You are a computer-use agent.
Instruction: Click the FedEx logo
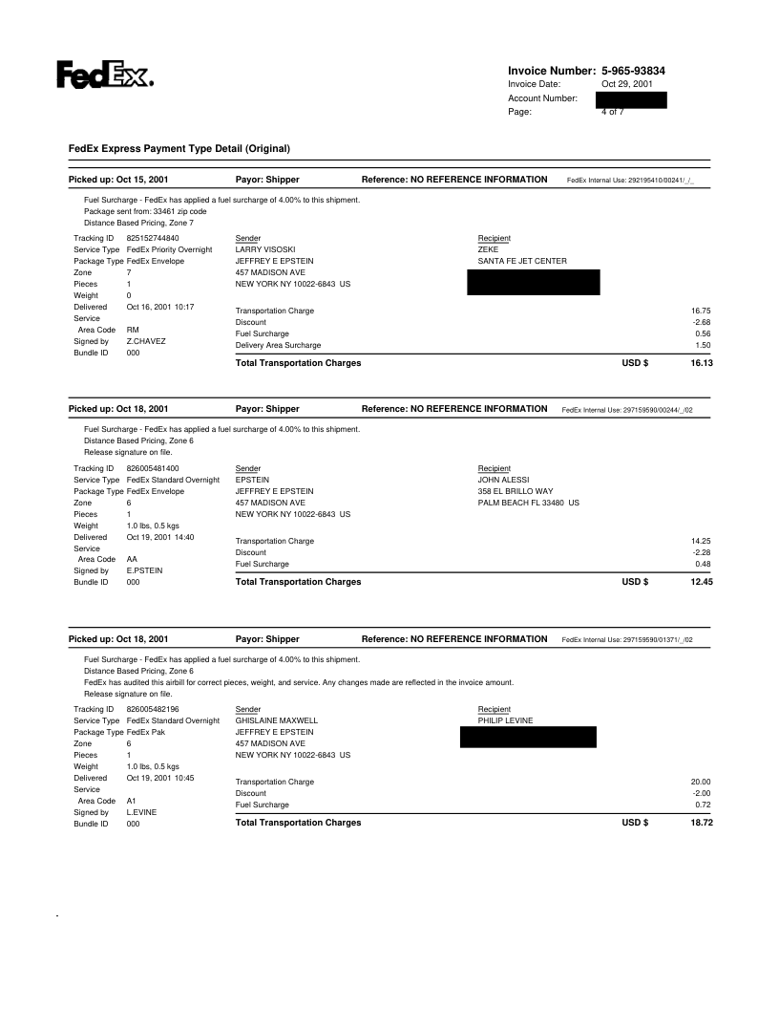(105, 75)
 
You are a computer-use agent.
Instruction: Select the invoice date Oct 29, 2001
(627, 84)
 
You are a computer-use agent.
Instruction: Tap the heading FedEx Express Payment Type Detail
(179, 148)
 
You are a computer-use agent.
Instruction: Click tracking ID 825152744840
(153, 237)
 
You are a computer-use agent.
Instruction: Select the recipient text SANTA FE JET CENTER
(522, 261)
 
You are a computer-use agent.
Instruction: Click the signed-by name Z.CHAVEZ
(146, 341)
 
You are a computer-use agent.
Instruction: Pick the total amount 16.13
(702, 364)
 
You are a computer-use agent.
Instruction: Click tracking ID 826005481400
(153, 467)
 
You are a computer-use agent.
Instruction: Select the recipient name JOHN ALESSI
(503, 480)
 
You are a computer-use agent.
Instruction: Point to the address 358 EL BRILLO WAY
(515, 491)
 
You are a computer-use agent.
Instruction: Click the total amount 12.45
(702, 582)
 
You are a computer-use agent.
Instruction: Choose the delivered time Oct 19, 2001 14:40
(160, 537)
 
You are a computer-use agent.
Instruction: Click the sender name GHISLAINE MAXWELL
(276, 719)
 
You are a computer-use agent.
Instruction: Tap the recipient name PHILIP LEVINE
(505, 719)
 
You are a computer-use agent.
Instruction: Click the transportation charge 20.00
(702, 782)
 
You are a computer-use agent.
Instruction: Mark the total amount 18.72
(702, 823)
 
